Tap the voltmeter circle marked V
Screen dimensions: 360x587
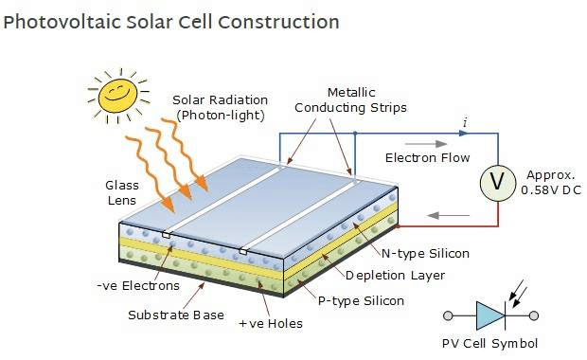(495, 183)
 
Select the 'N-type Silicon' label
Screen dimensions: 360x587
(425, 253)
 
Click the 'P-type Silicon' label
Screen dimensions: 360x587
(361, 300)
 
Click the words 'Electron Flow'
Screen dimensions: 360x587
(428, 157)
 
